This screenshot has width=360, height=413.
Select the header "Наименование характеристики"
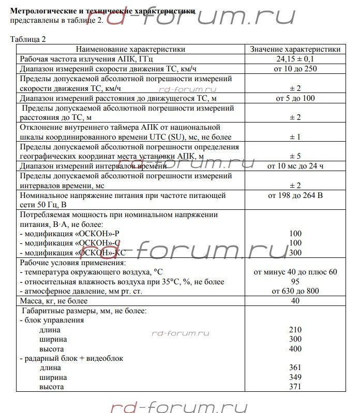(130, 49)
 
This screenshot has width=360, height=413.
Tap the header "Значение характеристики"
(295, 49)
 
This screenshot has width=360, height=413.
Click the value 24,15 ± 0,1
(295, 59)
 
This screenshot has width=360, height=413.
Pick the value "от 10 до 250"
(295, 69)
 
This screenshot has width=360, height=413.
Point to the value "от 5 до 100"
(295, 98)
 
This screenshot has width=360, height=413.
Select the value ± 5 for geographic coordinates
(295, 156)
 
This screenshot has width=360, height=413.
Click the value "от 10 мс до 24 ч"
(295, 166)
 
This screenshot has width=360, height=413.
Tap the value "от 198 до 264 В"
(295, 196)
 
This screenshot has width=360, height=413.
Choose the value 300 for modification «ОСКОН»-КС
(295, 253)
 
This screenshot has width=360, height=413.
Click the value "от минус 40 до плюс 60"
(295, 272)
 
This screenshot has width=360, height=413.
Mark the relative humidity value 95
(295, 282)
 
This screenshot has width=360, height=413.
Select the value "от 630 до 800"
(295, 291)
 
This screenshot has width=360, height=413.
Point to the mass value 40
(295, 301)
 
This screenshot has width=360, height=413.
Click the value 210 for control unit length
(295, 330)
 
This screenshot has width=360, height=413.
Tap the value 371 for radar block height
(295, 387)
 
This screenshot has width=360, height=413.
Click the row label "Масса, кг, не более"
(54, 301)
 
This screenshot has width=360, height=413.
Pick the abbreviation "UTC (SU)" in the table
(163, 136)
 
